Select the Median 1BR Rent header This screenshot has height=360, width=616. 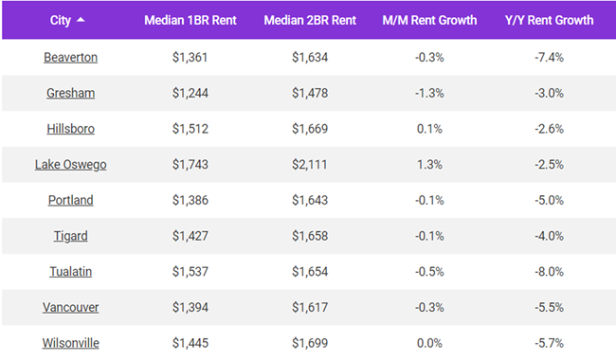point(190,20)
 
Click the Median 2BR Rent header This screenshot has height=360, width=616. point(310,20)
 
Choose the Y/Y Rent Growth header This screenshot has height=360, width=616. point(549,20)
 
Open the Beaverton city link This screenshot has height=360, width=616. point(70,57)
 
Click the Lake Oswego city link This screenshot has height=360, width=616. point(70,165)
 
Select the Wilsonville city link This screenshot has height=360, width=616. point(70,343)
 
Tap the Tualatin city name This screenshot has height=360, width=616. point(70,272)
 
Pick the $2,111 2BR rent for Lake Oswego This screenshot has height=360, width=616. point(310,165)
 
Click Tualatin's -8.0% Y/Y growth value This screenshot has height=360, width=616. point(549,272)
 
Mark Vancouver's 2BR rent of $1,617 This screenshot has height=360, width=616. point(310,308)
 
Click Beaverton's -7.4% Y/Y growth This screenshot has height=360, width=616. point(549,57)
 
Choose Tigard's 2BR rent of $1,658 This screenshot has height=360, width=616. point(310,236)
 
